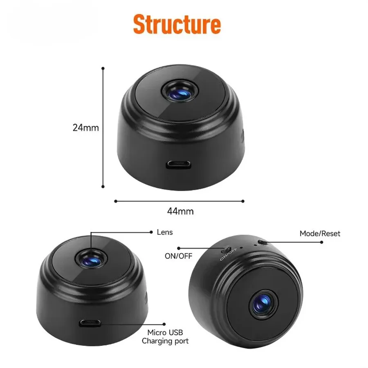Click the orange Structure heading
[x=177, y=24]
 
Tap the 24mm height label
[x=86, y=128]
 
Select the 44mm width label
[x=180, y=211]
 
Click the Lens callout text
[x=165, y=232]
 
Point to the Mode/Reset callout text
[x=320, y=233]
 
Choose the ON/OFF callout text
[x=178, y=256]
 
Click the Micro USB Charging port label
[x=165, y=337]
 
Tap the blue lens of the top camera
[x=180, y=92]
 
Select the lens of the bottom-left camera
[x=91, y=259]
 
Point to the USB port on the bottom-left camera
[x=90, y=323]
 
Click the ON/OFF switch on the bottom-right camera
[x=226, y=249]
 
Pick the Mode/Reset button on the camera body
[x=262, y=242]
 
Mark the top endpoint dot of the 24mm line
[x=103, y=69]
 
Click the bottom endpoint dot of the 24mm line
[x=103, y=186]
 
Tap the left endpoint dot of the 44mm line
[x=115, y=201]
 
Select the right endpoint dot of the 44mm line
[x=243, y=201]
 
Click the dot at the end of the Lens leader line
[x=151, y=232]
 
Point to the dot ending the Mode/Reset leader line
[x=321, y=242]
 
